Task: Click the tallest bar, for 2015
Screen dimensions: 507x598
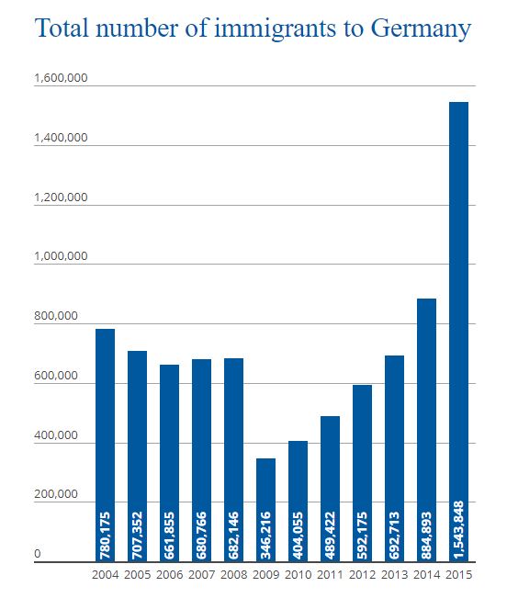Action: pyautogui.click(x=458, y=332)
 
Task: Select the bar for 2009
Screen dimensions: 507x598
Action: pyautogui.click(x=265, y=510)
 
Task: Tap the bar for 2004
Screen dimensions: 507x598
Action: pyautogui.click(x=105, y=446)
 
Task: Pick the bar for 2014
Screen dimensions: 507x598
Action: pyautogui.click(x=426, y=430)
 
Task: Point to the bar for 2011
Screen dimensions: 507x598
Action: pyautogui.click(x=330, y=489)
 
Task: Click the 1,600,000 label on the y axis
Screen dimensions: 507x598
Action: pyautogui.click(x=61, y=78)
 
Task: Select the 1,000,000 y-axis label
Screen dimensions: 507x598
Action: pyautogui.click(x=61, y=256)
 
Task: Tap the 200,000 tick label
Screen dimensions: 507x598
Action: pyautogui.click(x=56, y=494)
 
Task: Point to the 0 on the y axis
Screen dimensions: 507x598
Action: pyautogui.click(x=38, y=553)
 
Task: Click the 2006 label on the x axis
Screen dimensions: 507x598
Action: pyautogui.click(x=170, y=574)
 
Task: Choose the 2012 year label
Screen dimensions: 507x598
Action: pyautogui.click(x=363, y=574)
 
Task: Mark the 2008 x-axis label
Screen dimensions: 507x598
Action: pyautogui.click(x=233, y=574)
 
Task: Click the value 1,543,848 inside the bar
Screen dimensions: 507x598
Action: pyautogui.click(x=459, y=530)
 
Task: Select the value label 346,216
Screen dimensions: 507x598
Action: pyautogui.click(x=266, y=536)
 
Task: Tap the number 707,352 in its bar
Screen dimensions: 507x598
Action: pyautogui.click(x=137, y=536)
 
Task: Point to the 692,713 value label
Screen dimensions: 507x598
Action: pyautogui.click(x=395, y=536)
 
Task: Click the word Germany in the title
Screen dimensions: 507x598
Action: pyautogui.click(x=422, y=29)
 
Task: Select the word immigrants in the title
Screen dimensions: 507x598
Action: pyautogui.click(x=276, y=29)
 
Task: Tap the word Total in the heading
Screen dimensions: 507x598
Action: pyautogui.click(x=62, y=28)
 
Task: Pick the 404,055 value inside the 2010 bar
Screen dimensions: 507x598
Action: pyautogui.click(x=299, y=536)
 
